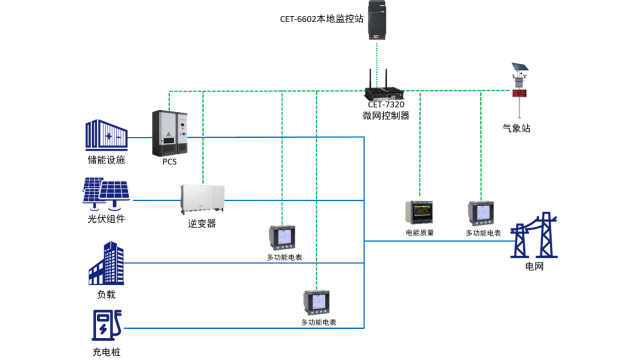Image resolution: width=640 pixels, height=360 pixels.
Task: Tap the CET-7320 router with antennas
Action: point(386,84)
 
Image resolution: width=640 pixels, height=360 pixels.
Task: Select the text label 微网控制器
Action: point(386,115)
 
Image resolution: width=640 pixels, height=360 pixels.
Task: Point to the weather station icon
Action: point(519,82)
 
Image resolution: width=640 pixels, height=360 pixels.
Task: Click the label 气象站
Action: point(517,127)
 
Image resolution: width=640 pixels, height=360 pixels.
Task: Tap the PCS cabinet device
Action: point(168,131)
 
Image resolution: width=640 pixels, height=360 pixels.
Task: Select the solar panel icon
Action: point(105,192)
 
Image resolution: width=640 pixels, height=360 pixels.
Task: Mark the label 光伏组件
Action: point(105,217)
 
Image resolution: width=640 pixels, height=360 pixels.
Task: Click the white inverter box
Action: point(201,198)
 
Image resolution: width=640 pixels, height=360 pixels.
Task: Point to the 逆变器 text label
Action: point(201,224)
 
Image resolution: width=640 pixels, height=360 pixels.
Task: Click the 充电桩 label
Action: point(105,352)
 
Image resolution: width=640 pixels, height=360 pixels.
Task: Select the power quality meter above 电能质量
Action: point(418,212)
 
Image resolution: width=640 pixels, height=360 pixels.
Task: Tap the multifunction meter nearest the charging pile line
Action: point(318,302)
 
